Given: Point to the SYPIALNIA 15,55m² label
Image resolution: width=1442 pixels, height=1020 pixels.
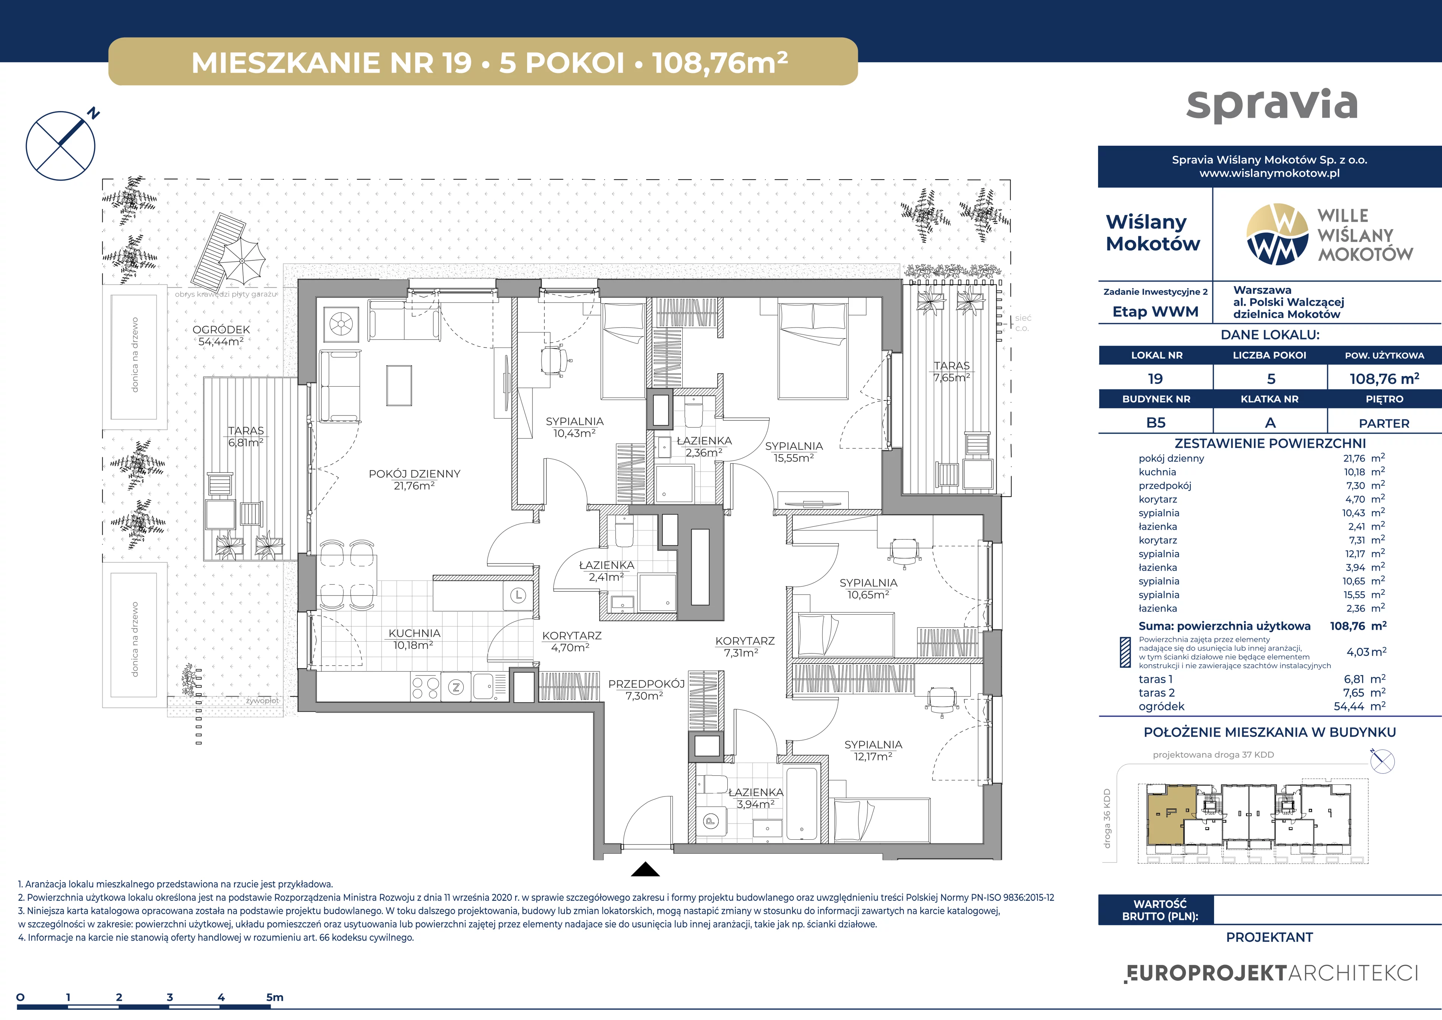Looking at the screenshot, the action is [794, 452].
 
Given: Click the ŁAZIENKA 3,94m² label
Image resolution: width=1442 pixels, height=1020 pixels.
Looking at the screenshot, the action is [756, 798].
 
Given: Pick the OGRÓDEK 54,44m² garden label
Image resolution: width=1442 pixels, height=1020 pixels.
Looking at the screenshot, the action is [221, 335].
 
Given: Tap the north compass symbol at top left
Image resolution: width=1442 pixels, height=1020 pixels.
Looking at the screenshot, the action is [61, 145].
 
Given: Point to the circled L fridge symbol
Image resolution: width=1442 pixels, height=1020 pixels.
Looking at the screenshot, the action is [518, 594].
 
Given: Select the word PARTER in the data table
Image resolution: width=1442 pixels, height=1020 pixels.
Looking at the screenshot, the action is [1384, 423].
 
